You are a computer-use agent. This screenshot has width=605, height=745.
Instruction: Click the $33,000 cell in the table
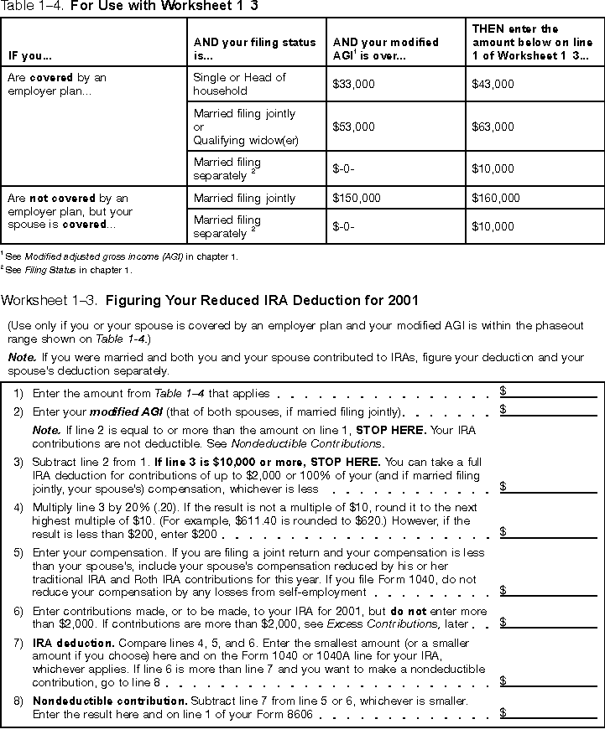354,85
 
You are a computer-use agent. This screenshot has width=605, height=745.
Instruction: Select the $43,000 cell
493,85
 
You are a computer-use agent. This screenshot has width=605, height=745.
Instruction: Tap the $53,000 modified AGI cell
354,127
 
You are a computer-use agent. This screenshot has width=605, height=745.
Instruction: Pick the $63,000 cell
493,127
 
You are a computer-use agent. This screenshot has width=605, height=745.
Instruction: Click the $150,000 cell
357,199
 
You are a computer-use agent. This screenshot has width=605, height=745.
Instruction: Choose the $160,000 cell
496,199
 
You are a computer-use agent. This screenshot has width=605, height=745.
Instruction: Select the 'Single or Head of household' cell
240,84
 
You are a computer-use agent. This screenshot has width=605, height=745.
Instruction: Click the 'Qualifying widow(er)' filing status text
246,141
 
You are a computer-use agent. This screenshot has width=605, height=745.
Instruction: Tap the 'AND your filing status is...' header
255,49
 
